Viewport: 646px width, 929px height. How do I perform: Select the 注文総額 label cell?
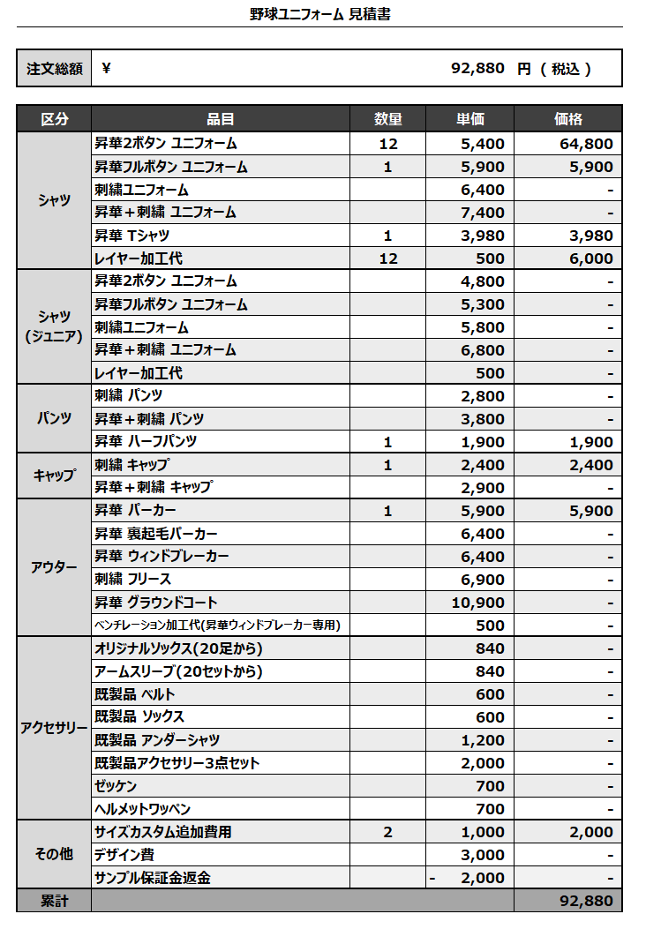click(x=54, y=68)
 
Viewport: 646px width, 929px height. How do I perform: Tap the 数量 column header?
click(x=388, y=119)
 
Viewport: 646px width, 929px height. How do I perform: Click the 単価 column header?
click(x=469, y=119)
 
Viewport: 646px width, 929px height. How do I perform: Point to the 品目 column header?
click(x=221, y=119)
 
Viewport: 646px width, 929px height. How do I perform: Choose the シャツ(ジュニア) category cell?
click(x=54, y=326)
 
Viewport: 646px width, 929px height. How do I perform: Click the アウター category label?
click(x=54, y=567)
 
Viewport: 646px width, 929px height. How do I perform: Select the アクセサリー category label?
click(x=54, y=728)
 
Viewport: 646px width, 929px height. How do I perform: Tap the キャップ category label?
click(x=54, y=476)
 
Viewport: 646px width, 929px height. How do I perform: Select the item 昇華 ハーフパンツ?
click(x=146, y=441)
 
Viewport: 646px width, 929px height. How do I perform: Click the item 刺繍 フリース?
click(x=133, y=579)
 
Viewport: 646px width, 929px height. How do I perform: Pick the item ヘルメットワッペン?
click(x=142, y=808)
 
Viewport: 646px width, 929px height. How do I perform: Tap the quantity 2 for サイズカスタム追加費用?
click(x=388, y=832)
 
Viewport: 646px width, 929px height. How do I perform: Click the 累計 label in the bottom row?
click(x=54, y=901)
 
